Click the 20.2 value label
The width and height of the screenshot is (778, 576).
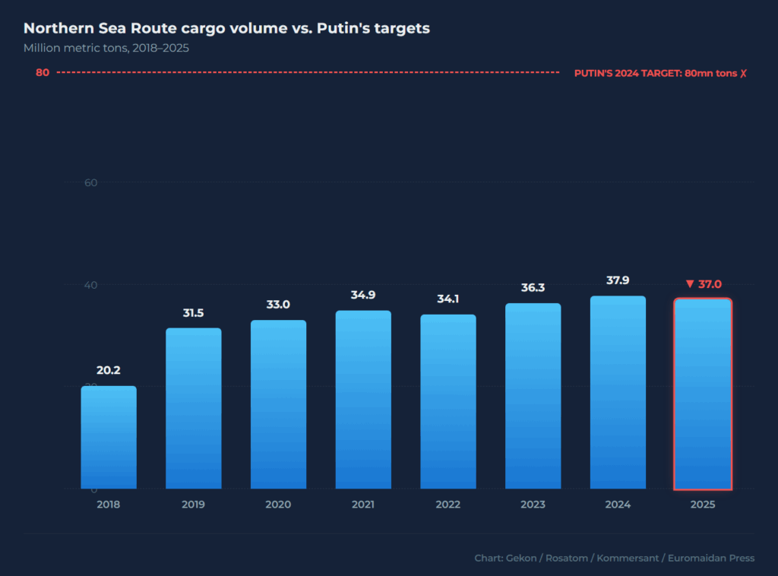click(109, 371)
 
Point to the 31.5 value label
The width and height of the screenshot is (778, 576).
click(193, 313)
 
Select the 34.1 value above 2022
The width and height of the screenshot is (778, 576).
click(448, 299)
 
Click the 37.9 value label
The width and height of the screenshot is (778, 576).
click(618, 280)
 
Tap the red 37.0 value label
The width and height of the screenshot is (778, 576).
click(710, 284)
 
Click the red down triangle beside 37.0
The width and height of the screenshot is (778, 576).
click(690, 284)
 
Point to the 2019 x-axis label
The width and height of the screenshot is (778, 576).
click(193, 505)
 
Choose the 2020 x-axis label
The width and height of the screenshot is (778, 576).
click(278, 505)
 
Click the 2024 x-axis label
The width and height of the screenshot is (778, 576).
click(618, 505)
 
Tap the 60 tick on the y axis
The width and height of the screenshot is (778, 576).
click(90, 182)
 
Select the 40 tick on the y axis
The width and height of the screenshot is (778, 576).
click(90, 285)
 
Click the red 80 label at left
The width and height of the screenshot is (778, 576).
click(43, 73)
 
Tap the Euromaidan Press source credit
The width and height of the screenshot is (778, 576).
click(711, 559)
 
